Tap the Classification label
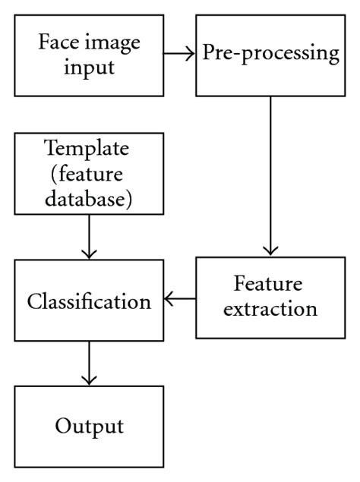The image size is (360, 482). click(89, 301)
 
